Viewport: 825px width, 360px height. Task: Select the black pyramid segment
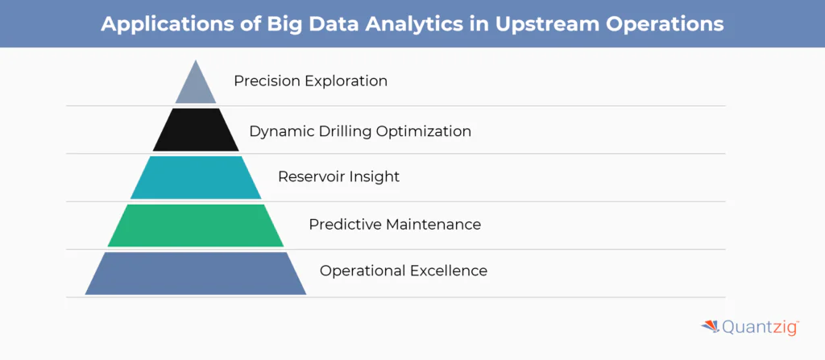(196, 130)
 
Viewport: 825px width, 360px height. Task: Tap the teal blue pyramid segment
(196, 177)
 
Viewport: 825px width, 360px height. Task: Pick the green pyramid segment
(196, 226)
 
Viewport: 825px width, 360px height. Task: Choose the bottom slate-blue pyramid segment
(196, 273)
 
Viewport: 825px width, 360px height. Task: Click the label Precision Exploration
(310, 81)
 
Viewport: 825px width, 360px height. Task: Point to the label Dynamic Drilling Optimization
(360, 131)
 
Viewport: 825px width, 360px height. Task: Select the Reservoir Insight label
(338, 176)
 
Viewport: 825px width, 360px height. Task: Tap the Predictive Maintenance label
(395, 225)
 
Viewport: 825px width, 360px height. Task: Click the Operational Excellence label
(403, 271)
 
